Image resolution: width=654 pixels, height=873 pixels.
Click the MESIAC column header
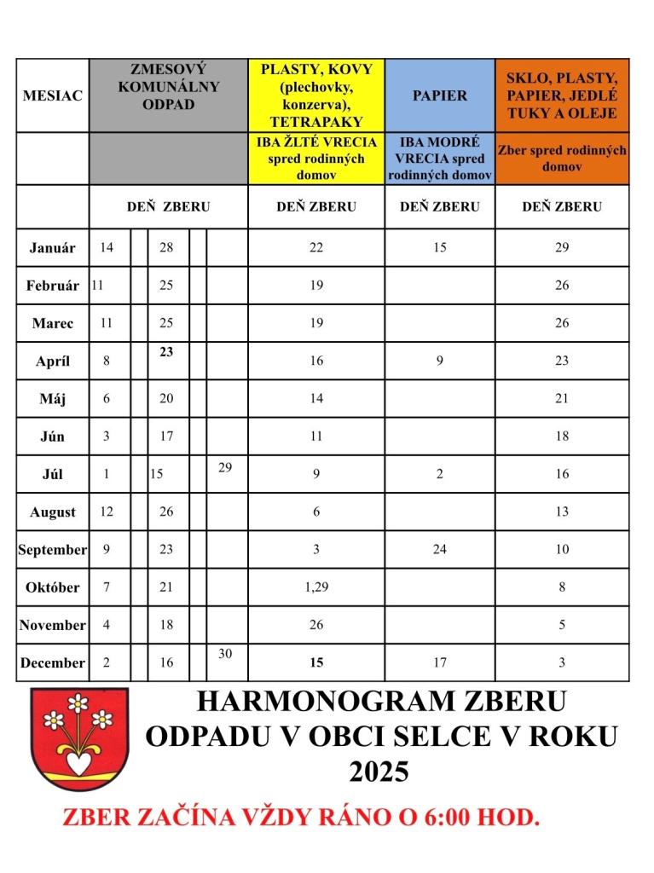(x=53, y=95)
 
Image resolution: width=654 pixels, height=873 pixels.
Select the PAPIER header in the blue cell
(x=440, y=95)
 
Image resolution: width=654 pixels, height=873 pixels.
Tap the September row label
(x=53, y=550)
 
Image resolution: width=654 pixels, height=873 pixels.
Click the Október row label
(x=53, y=587)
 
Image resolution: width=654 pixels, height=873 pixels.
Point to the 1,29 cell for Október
(x=316, y=587)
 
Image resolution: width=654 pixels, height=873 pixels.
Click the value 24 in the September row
(x=440, y=550)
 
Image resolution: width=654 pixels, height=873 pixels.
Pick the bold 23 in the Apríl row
(x=166, y=350)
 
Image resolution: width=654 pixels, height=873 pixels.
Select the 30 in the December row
(x=226, y=653)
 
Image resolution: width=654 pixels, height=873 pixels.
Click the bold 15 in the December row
(x=316, y=662)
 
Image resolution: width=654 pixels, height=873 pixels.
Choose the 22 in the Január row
(x=316, y=248)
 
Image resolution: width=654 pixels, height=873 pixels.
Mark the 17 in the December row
(x=440, y=662)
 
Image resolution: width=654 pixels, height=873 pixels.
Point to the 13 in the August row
(x=562, y=512)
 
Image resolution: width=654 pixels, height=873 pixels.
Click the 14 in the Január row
(x=107, y=248)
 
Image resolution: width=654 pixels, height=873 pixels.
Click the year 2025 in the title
(x=379, y=772)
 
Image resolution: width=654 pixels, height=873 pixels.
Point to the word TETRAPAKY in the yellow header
(x=316, y=122)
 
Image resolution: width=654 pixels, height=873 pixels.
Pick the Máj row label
(x=53, y=399)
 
